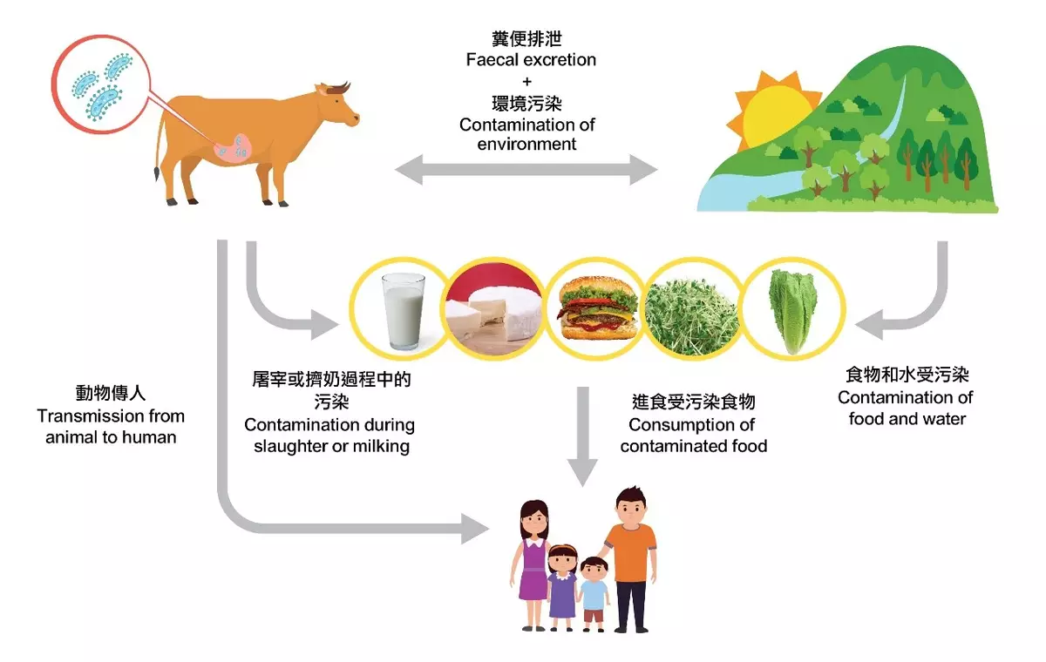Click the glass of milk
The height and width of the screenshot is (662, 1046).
pyautogui.click(x=404, y=311)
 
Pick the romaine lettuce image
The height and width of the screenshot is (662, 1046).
pyautogui.click(x=791, y=311)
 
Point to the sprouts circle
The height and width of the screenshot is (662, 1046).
pyautogui.click(x=693, y=311)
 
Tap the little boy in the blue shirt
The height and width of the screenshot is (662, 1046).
pyautogui.click(x=594, y=591)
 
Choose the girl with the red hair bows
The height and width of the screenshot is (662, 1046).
pyautogui.click(x=562, y=584)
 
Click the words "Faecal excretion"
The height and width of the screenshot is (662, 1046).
pyautogui.click(x=531, y=60)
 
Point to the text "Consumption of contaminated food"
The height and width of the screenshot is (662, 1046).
pyautogui.click(x=693, y=435)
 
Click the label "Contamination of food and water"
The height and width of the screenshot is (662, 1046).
pyautogui.click(x=907, y=408)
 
